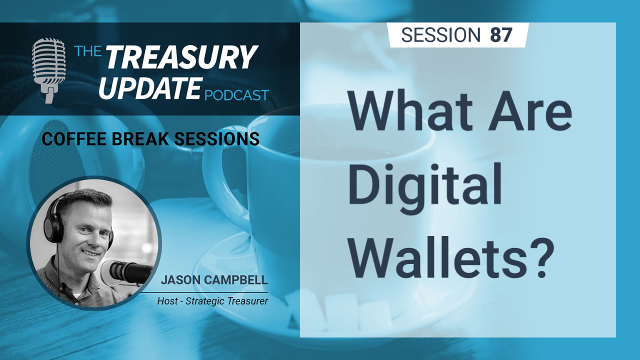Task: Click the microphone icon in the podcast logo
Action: tap(48, 70)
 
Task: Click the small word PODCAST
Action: tap(237, 95)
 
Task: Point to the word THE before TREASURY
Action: tap(87, 51)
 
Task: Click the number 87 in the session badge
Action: tap(501, 35)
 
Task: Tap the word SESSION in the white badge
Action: tap(441, 35)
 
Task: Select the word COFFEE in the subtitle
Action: tap(74, 139)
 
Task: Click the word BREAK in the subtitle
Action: tap(140, 139)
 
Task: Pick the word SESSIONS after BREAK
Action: tap(217, 139)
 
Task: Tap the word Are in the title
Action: tap(529, 110)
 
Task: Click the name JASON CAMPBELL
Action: tap(214, 280)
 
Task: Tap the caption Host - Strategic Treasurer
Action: tap(212, 301)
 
